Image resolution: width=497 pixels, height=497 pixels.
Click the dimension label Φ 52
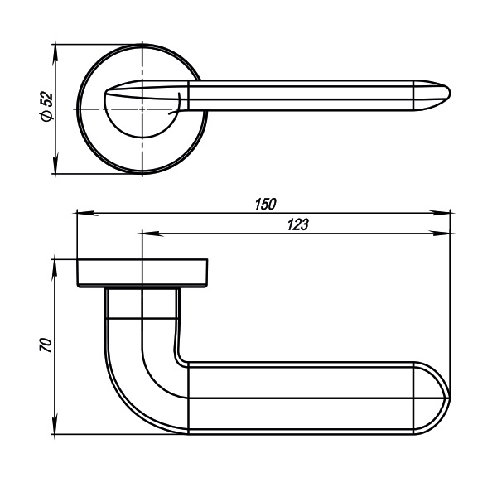click(46, 107)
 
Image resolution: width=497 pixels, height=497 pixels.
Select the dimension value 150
click(266, 205)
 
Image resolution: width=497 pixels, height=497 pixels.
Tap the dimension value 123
click(297, 224)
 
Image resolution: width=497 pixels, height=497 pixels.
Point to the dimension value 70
click(46, 345)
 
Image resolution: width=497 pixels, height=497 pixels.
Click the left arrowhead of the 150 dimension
click(87, 214)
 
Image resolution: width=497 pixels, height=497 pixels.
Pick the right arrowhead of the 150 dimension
click(440, 214)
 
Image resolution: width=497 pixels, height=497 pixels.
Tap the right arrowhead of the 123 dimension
click(440, 234)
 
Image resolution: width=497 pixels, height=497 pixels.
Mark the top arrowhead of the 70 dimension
click(55, 270)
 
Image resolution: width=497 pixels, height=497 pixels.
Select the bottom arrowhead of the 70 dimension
click(55, 424)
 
